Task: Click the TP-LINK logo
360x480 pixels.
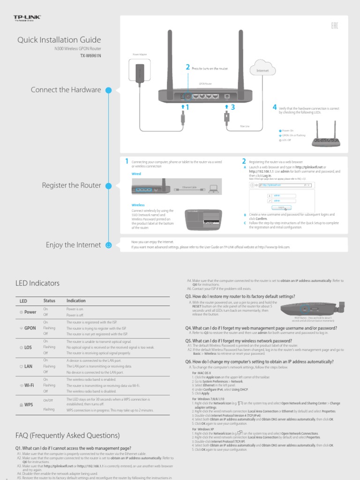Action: coord(28,18)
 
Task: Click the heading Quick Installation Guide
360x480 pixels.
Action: coord(59,40)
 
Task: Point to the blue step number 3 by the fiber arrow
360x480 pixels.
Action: coord(232,107)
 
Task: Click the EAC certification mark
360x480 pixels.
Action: coord(334,25)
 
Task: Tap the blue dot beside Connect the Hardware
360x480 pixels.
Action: coord(109,90)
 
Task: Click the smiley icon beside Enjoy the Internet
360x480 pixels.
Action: coord(109,245)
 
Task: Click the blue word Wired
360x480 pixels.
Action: coord(136,173)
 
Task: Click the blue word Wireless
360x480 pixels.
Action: coord(138,205)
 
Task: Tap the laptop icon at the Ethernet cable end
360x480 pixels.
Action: coord(214,189)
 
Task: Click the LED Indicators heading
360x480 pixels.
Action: coord(37,283)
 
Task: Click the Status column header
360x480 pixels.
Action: coord(49,300)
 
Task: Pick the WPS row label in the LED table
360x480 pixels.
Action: coord(28,404)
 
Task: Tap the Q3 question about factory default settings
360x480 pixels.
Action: coord(240,297)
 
